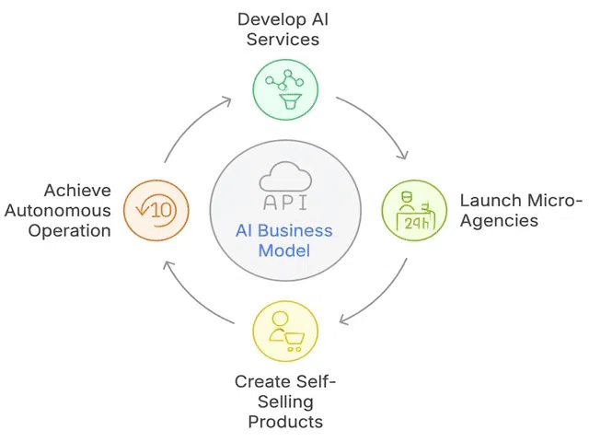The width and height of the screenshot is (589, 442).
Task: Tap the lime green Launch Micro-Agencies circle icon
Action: pos(412,211)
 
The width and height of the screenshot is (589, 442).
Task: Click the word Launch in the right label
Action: pos(485,200)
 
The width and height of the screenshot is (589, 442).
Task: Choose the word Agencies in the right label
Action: pos(497,222)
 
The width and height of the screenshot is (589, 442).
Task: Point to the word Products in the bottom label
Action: pos(285,422)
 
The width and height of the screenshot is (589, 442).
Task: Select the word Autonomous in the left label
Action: pos(70,210)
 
